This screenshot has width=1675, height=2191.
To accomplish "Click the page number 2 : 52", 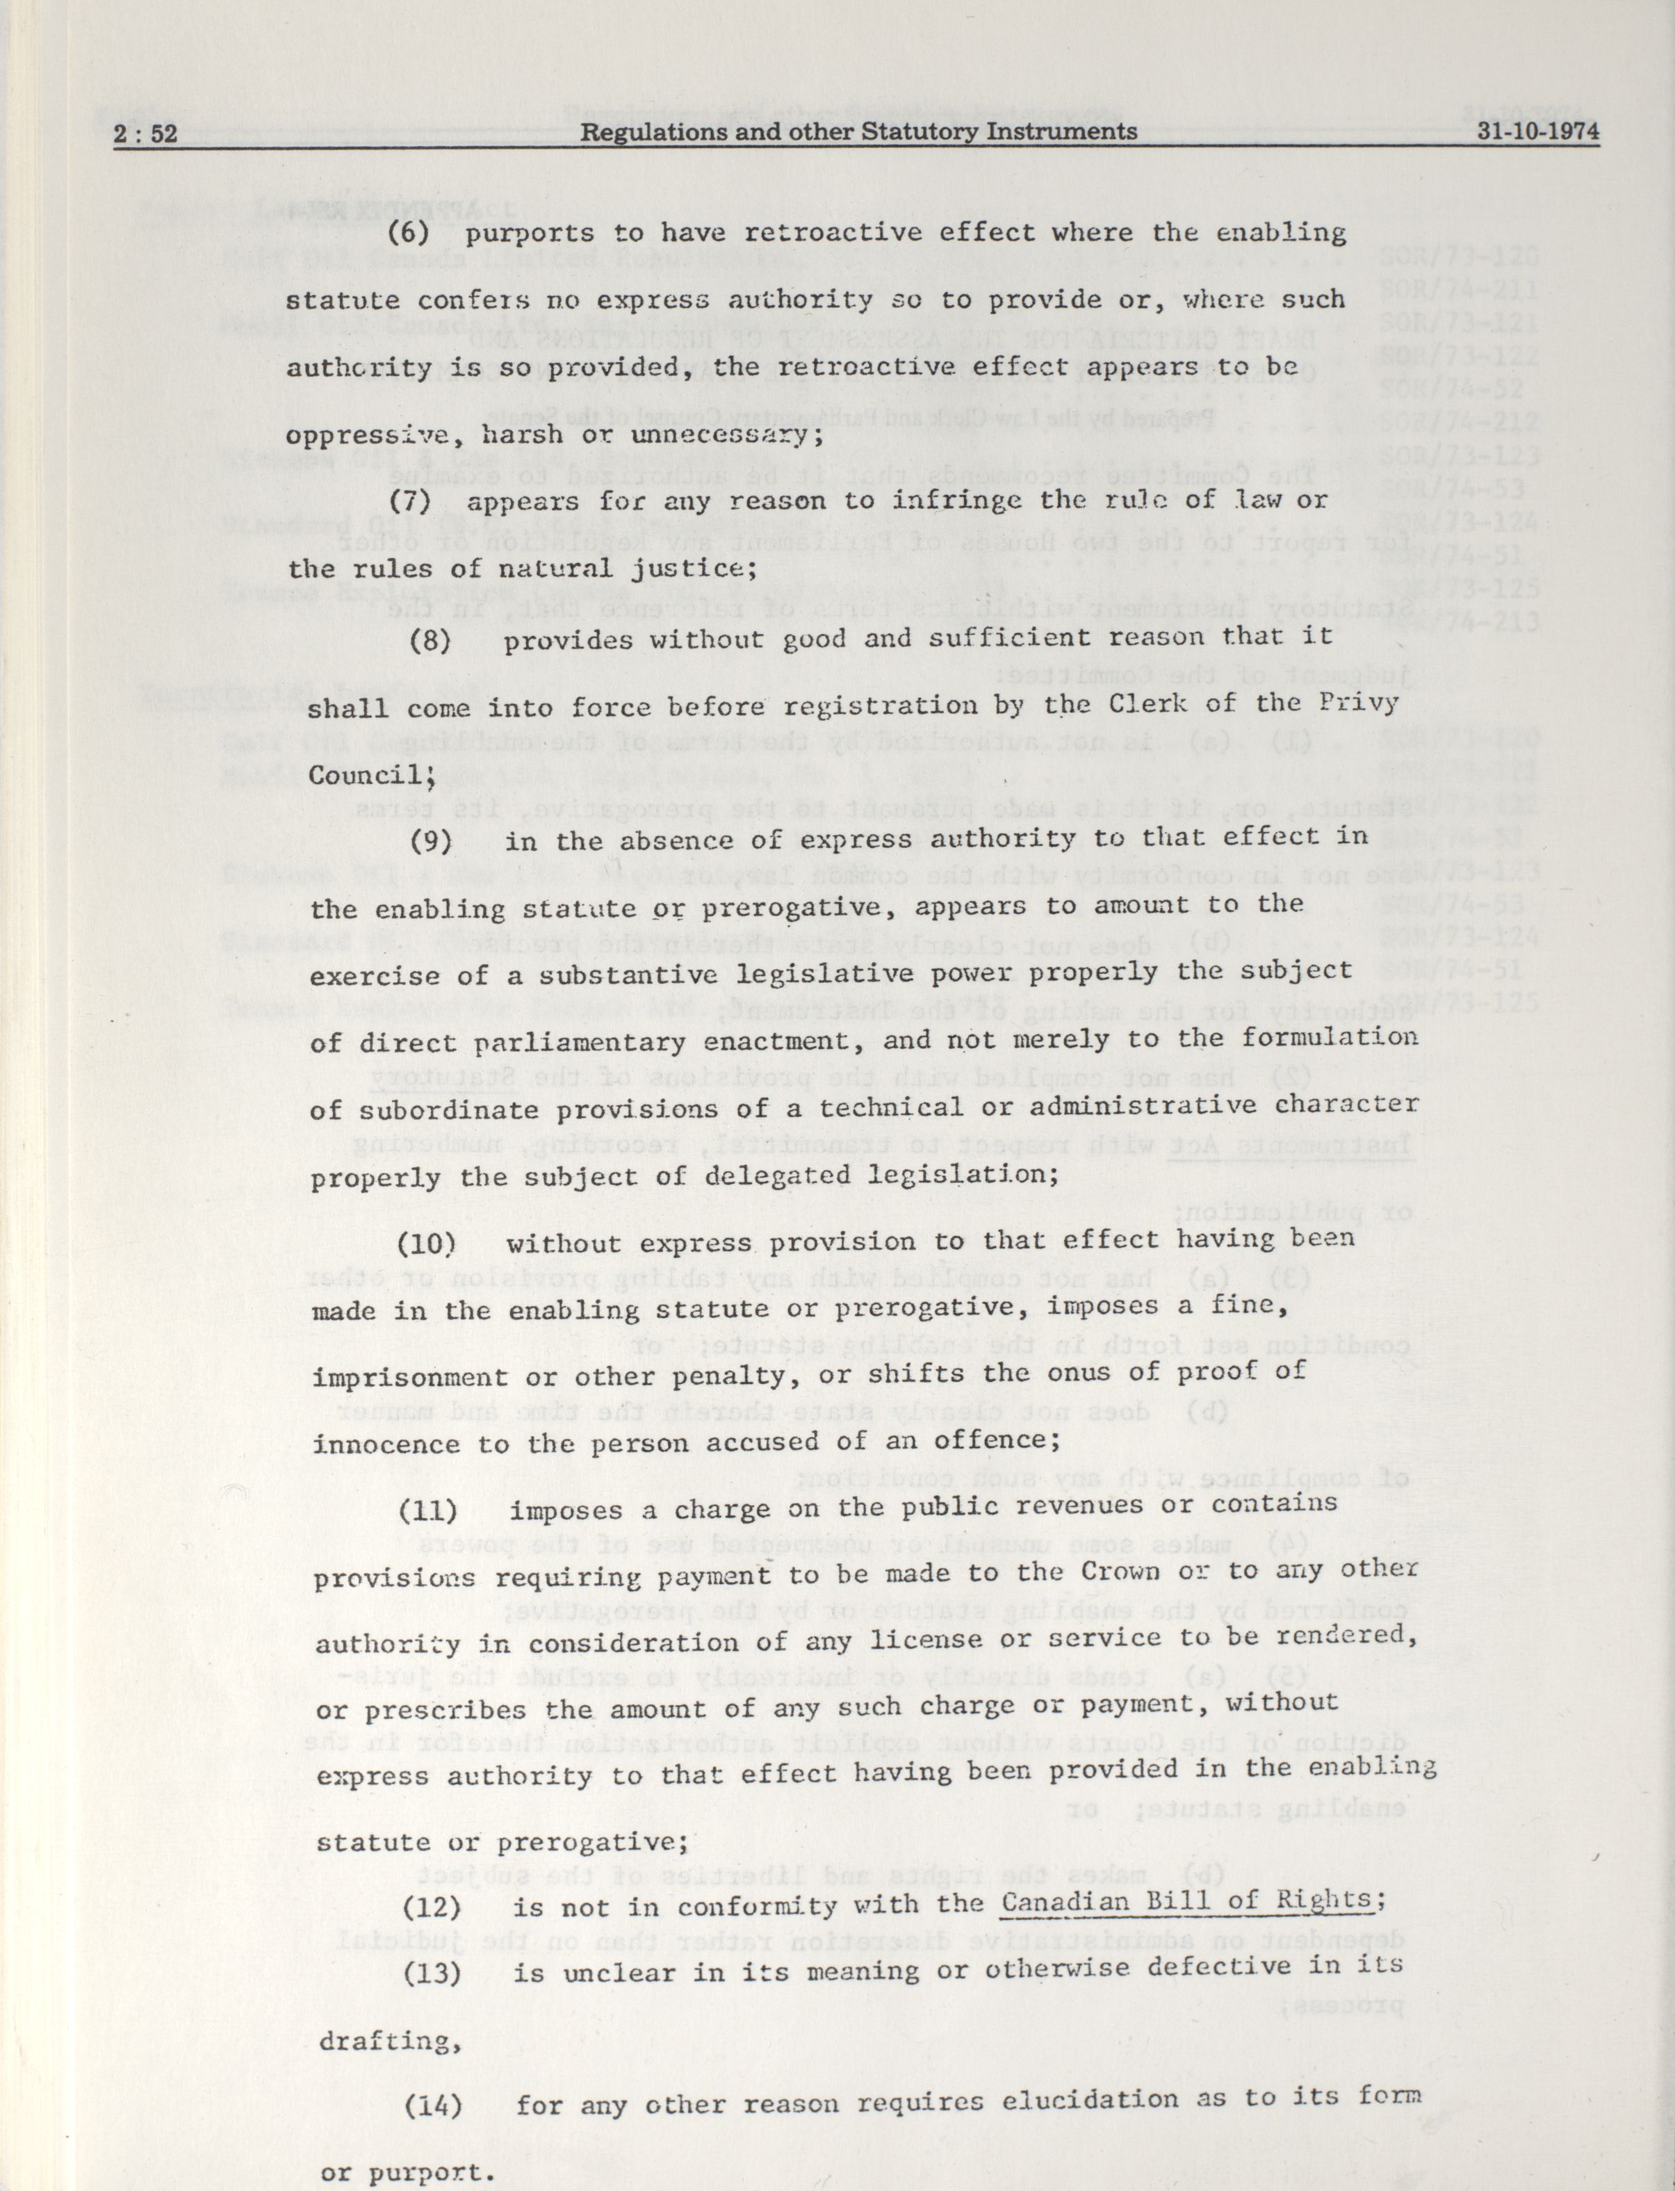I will [145, 133].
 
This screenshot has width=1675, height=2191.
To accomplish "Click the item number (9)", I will [432, 840].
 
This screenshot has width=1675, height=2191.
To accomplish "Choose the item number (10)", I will [427, 1243].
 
